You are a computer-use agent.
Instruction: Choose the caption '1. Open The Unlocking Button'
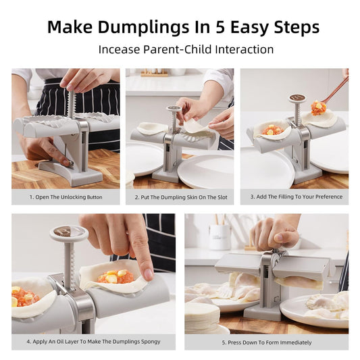coord(66,197)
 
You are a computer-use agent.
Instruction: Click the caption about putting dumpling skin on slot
coord(180,197)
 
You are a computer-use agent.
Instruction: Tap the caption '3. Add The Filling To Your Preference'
coord(294,197)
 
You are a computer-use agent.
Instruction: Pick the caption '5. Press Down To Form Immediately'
coord(266,342)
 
